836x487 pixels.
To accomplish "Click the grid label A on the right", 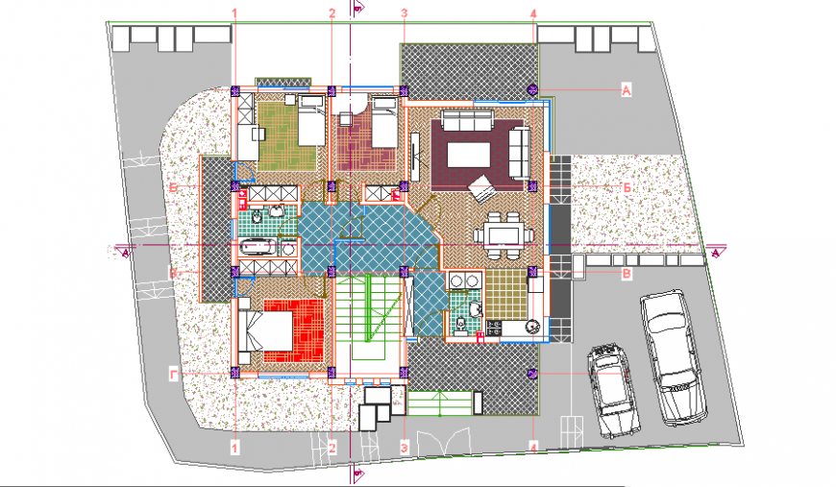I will click(x=626, y=90).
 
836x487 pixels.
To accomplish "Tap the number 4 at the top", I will click(x=533, y=13).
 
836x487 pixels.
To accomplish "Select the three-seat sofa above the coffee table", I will click(x=466, y=122).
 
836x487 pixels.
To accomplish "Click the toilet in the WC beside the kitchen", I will click(x=461, y=324).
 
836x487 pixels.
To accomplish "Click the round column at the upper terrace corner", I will click(x=533, y=89).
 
